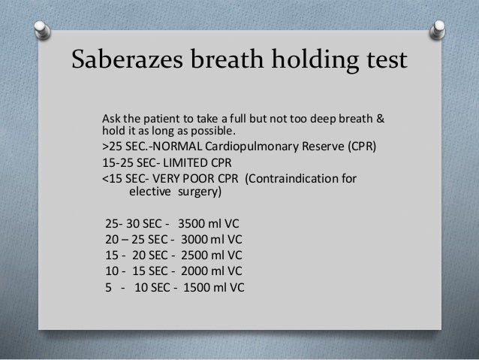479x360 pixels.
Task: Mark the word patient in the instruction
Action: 159,120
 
